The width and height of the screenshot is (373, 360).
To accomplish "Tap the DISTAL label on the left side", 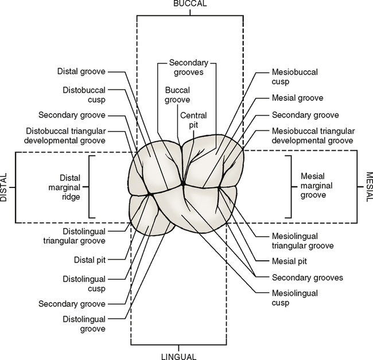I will click(5, 187).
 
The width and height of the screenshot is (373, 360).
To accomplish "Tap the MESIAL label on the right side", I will click(368, 187).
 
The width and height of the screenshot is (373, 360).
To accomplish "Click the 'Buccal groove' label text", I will click(177, 95).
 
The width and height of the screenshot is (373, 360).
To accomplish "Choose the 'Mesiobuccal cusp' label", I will click(294, 76).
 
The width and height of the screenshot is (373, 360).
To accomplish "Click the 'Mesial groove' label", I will click(298, 98).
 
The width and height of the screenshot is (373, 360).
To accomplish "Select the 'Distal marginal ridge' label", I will click(68, 187).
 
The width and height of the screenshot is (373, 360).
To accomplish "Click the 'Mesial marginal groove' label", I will click(310, 187).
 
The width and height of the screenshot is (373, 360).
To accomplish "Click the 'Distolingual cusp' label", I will click(84, 283).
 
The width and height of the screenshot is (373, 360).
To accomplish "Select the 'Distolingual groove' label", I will click(84, 324).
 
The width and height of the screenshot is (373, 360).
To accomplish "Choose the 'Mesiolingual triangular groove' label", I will click(302, 241).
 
